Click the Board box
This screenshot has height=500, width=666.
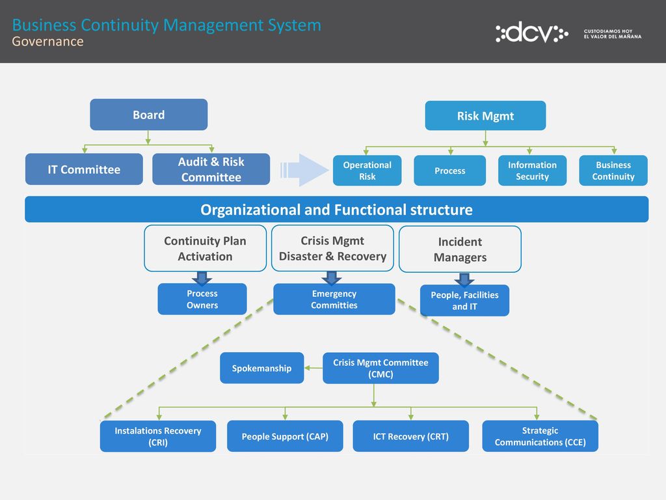(x=149, y=115)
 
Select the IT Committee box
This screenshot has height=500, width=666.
(x=84, y=169)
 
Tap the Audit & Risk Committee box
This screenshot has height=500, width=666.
(x=211, y=169)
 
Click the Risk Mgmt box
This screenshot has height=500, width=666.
(x=485, y=116)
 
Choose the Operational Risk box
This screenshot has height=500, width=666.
(x=367, y=171)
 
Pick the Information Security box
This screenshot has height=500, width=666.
(x=532, y=171)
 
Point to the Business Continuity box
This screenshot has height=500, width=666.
(x=613, y=171)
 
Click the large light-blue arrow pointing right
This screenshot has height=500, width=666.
(x=304, y=170)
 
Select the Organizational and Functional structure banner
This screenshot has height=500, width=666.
(x=336, y=209)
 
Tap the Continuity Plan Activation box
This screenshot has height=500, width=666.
(x=205, y=249)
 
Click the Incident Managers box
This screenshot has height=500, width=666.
(x=460, y=249)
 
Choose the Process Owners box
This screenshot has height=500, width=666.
(x=202, y=299)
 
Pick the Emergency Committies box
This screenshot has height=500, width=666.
(x=334, y=299)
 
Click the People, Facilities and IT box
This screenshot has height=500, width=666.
(x=464, y=301)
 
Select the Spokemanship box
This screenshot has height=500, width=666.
(x=261, y=368)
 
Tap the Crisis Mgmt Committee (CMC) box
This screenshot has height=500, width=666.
(x=380, y=368)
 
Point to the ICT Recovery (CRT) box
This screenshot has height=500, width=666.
(x=411, y=436)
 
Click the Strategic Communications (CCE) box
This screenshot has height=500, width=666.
(x=540, y=436)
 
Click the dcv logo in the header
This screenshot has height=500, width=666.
(x=532, y=33)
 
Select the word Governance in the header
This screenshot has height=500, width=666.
(x=47, y=42)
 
